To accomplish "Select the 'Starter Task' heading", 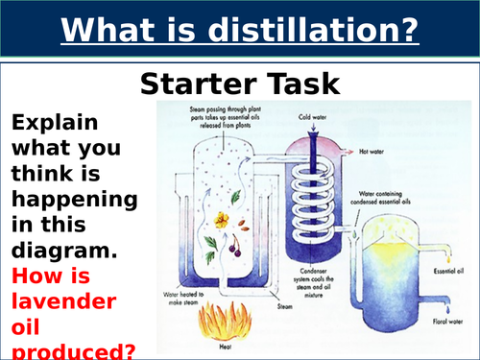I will [240, 83].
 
